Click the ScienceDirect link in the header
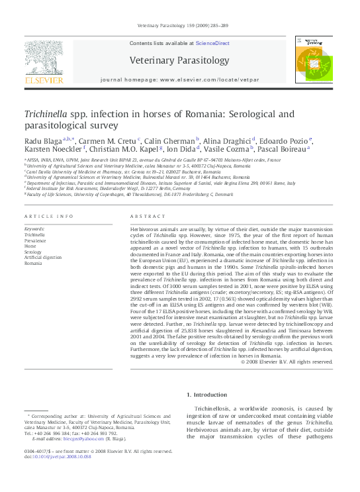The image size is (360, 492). click(212, 43)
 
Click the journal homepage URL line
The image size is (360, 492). click(179, 79)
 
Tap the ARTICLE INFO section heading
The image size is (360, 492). click(48, 217)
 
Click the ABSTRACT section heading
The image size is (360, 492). click(148, 217)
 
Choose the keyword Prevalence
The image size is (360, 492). click(36, 241)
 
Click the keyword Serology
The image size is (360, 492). click(33, 252)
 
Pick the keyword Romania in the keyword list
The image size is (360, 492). click(33, 264)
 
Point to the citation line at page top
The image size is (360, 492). click(182, 26)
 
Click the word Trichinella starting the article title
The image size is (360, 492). click(45, 114)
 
